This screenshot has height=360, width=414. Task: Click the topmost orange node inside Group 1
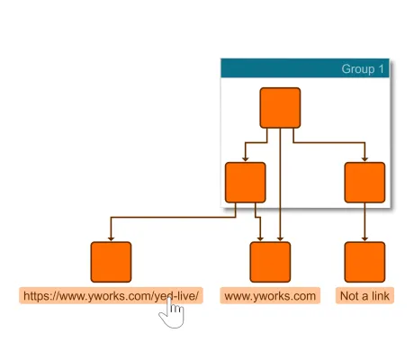[x=280, y=108]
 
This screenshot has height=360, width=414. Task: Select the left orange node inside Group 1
[x=245, y=182]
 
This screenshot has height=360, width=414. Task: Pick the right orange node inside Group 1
[x=364, y=182]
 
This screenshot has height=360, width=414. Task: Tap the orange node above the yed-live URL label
[x=111, y=262]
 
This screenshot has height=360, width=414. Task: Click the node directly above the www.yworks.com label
[x=270, y=262]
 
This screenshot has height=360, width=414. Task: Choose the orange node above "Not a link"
[x=364, y=262]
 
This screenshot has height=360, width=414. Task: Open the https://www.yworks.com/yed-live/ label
[x=111, y=295]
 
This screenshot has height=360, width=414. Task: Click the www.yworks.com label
[x=270, y=295]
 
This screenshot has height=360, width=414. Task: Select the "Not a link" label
[x=364, y=295]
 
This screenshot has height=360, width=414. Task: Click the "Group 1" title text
[x=363, y=69]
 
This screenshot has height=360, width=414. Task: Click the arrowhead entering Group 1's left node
[x=245, y=158]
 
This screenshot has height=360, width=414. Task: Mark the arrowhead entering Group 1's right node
[x=364, y=158]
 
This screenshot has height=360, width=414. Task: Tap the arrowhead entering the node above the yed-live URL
[x=111, y=238]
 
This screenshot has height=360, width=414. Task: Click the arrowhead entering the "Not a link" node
[x=364, y=238]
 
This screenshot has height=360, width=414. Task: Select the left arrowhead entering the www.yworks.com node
[x=260, y=238]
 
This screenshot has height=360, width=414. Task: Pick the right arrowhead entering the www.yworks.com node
[x=280, y=238]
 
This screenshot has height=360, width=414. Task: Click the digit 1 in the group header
[x=382, y=69]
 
